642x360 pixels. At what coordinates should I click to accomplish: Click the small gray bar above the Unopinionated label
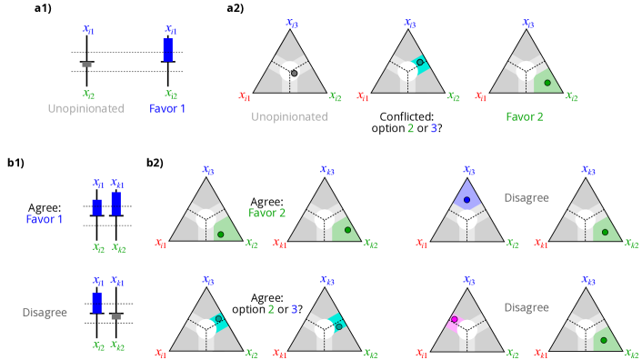pyautogui.click(x=86, y=65)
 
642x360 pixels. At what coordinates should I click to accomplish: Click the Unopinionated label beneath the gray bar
pyautogui.click(x=85, y=108)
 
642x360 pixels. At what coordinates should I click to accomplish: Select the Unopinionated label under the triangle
pyautogui.click(x=289, y=116)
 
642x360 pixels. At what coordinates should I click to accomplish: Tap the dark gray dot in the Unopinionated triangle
pyautogui.click(x=294, y=73)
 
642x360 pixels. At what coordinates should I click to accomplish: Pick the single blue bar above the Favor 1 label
pyautogui.click(x=167, y=49)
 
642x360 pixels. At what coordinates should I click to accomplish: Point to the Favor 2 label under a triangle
pyautogui.click(x=525, y=116)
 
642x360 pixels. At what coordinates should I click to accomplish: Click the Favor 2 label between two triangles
pyautogui.click(x=267, y=213)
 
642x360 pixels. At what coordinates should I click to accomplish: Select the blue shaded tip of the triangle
pyautogui.click(x=466, y=195)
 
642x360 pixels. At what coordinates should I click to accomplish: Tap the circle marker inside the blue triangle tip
pyautogui.click(x=466, y=198)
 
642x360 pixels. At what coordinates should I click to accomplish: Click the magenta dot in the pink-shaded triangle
pyautogui.click(x=454, y=319)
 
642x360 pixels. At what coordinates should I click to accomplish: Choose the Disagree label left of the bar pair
pyautogui.click(x=45, y=312)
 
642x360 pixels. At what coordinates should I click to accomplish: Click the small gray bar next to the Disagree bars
pyautogui.click(x=115, y=316)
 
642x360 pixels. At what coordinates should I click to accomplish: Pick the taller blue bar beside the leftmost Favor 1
pyautogui.click(x=115, y=204)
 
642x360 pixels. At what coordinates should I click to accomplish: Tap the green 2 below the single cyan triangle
pyautogui.click(x=410, y=128)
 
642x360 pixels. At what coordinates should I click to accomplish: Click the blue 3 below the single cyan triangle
pyautogui.click(x=433, y=128)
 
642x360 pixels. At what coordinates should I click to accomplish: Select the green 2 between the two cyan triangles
pyautogui.click(x=270, y=309)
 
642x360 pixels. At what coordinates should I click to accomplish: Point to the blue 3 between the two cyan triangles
pyautogui.click(x=294, y=309)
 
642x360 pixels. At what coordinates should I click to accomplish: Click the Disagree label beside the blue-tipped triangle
pyautogui.click(x=527, y=197)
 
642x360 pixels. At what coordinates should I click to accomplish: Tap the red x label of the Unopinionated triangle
pyautogui.click(x=244, y=96)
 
